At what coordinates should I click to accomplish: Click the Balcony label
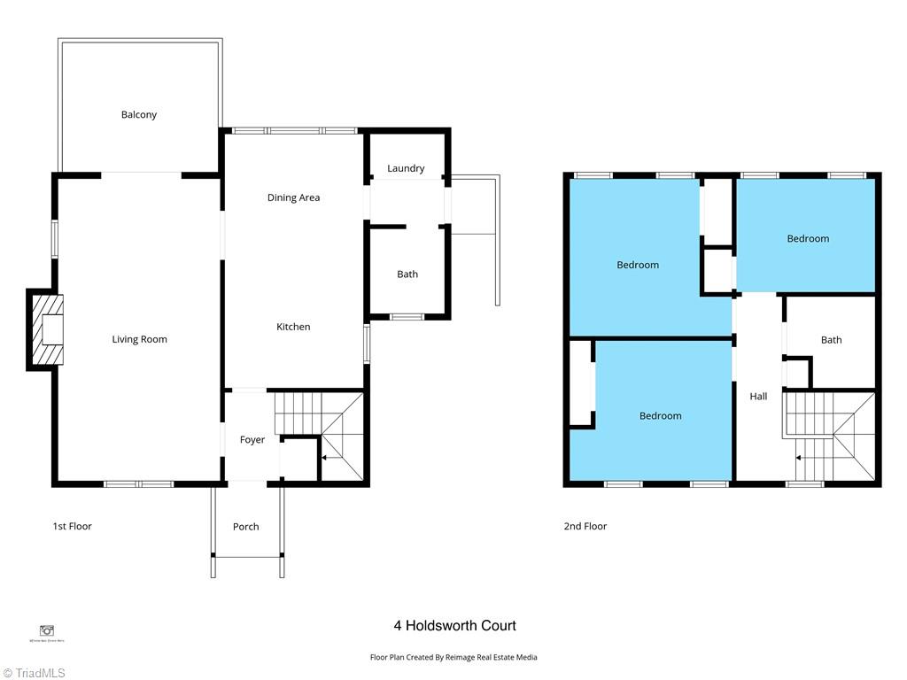click(139, 114)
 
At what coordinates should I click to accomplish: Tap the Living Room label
click(139, 339)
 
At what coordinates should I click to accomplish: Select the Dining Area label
click(293, 197)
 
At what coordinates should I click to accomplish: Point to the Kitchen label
click(293, 327)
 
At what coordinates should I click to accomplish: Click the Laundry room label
click(406, 168)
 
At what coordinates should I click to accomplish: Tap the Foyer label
click(252, 440)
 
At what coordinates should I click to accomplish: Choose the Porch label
click(246, 527)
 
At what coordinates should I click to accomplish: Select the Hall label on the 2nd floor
click(758, 397)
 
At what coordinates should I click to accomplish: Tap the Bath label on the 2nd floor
click(831, 340)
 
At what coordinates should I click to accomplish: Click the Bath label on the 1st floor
click(407, 274)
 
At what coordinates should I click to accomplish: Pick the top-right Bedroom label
click(808, 238)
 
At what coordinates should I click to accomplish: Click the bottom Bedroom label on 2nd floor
click(661, 416)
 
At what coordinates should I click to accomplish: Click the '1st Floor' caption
click(72, 526)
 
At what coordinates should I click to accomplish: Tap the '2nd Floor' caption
click(585, 526)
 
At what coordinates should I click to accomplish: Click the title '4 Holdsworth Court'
click(454, 626)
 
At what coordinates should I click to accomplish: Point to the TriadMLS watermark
click(34, 672)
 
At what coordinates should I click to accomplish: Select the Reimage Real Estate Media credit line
click(453, 657)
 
